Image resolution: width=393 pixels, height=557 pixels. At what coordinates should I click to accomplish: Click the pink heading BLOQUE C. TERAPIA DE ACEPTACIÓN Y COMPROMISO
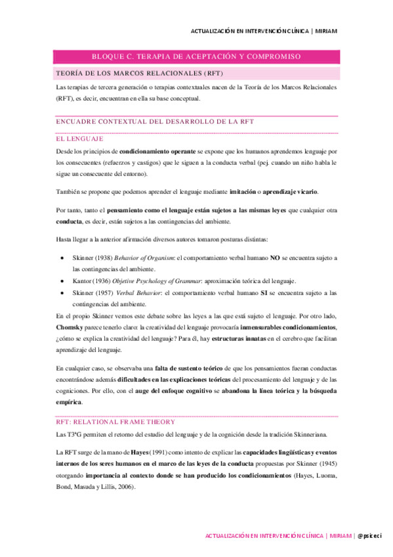tap(196, 57)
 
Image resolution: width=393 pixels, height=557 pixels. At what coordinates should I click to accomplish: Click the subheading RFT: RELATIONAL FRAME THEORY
tap(115, 422)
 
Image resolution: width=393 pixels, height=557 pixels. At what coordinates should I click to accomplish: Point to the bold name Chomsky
tap(70, 326)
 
